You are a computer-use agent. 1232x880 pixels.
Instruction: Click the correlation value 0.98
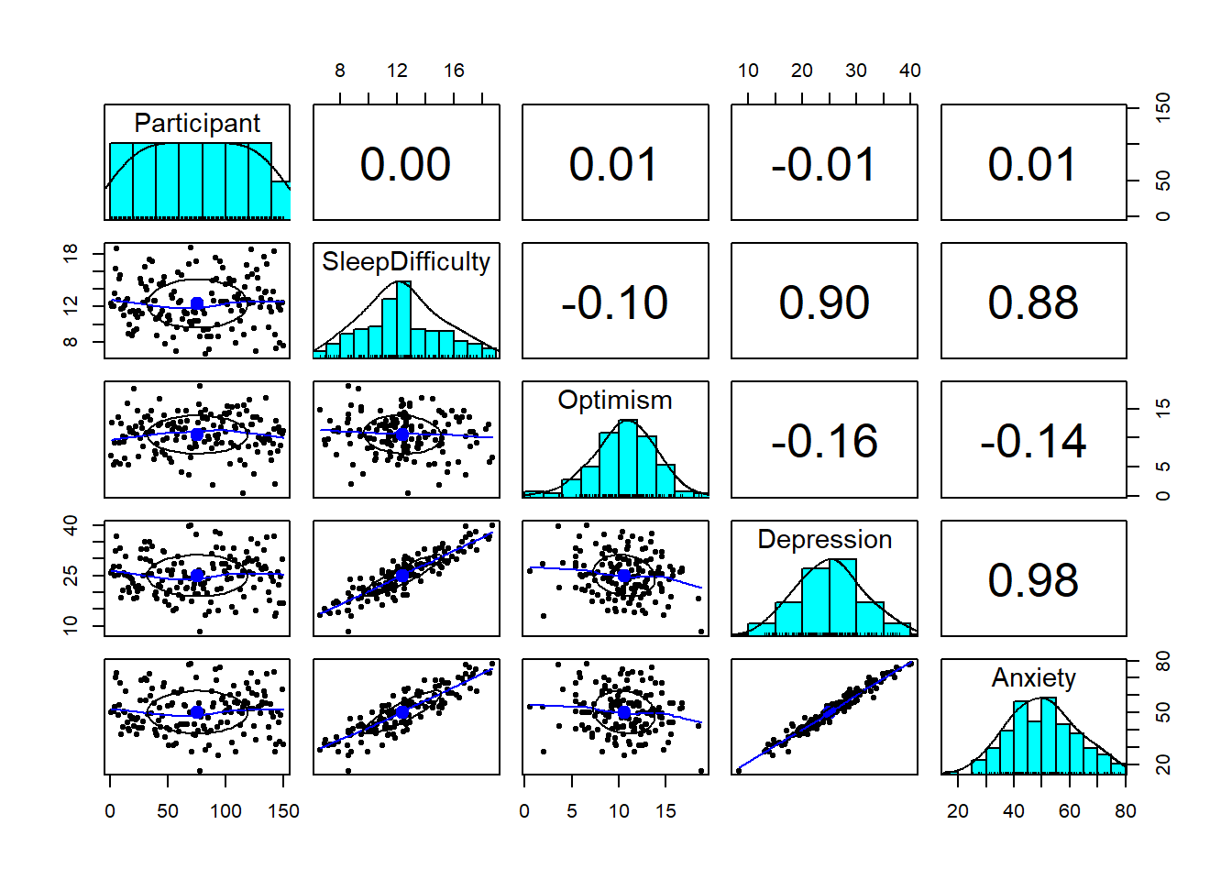coord(1033,579)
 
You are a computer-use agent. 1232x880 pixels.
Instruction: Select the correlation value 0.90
coord(824,302)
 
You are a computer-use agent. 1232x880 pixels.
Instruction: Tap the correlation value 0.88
coord(1033,302)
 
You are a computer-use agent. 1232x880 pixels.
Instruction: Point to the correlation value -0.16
coord(824,441)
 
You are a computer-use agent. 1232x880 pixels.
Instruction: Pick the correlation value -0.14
coord(1033,441)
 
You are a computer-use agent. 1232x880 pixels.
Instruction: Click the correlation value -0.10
coord(615,302)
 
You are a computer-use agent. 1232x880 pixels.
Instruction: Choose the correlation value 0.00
coord(405,163)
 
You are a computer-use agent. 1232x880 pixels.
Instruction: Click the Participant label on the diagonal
coord(197,123)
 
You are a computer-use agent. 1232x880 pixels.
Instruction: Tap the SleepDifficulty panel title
coord(406,261)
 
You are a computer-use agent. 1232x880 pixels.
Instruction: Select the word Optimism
coord(615,400)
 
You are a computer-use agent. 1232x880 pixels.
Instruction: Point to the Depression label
coord(824,539)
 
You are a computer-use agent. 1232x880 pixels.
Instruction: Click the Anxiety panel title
coord(1033,677)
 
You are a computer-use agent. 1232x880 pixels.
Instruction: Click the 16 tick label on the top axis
coord(454,71)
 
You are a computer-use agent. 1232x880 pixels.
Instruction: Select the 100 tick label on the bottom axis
coord(225,811)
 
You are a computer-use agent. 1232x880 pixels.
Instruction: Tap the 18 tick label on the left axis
coord(71,254)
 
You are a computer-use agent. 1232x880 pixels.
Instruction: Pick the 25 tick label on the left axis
coord(71,576)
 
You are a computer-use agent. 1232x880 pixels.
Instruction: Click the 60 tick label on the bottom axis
coord(1069,811)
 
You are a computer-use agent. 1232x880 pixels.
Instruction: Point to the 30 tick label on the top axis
coord(856,71)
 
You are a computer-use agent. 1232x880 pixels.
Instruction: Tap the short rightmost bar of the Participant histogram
coord(280,201)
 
